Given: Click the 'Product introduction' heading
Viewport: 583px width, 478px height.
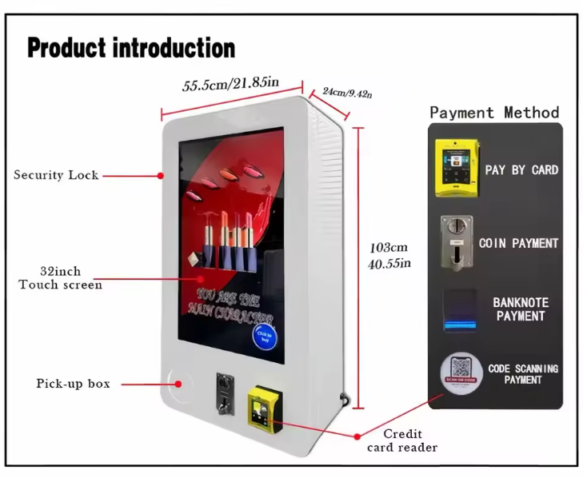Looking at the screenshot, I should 131,48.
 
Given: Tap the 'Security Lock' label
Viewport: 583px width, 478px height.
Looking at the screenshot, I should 56,175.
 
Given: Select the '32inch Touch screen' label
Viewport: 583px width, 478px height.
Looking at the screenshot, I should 61,278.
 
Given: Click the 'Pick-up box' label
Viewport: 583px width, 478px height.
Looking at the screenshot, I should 73,384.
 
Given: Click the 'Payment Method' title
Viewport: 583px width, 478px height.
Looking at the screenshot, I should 494,113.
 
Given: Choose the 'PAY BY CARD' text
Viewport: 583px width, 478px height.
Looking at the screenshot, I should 521,169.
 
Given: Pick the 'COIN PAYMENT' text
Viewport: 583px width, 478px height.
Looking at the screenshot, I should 518,242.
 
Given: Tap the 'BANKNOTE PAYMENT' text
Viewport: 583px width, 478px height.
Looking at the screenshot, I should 519,309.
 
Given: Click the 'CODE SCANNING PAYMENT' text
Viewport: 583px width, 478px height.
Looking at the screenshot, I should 523,374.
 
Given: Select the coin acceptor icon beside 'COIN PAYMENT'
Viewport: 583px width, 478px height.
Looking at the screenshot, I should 456,241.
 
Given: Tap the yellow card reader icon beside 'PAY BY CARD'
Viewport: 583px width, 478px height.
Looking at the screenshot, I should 457,168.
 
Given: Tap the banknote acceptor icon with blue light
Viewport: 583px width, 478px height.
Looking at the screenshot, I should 460,310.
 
